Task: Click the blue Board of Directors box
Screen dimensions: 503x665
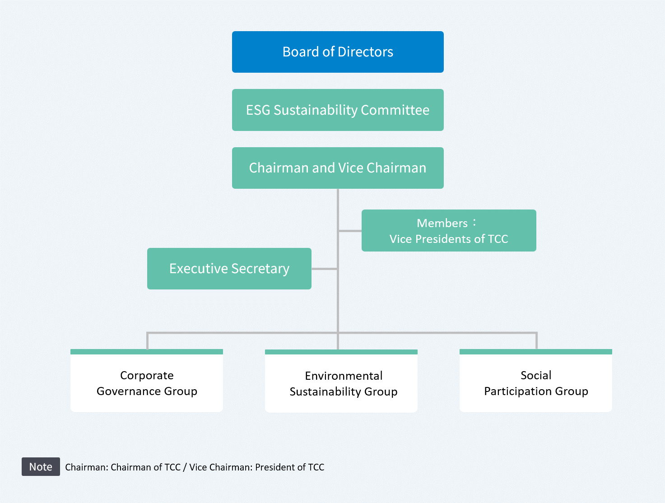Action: pos(338,52)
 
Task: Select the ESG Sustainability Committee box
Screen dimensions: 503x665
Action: pos(338,110)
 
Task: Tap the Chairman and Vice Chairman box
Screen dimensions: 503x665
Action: pos(338,168)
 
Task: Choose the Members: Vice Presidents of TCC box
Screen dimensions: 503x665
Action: pos(449,231)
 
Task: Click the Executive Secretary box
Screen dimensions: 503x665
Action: pos(229,269)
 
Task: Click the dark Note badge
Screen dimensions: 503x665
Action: pos(41,467)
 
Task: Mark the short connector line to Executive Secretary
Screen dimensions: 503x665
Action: pos(324,269)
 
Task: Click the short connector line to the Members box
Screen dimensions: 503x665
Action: pos(350,231)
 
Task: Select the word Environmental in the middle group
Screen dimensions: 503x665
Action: pos(344,376)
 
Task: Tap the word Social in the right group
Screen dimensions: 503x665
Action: pos(536,375)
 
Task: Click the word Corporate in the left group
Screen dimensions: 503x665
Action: pos(147,375)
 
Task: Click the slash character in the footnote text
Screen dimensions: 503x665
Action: pos(185,467)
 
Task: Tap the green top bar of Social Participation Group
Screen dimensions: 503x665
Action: pos(536,352)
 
